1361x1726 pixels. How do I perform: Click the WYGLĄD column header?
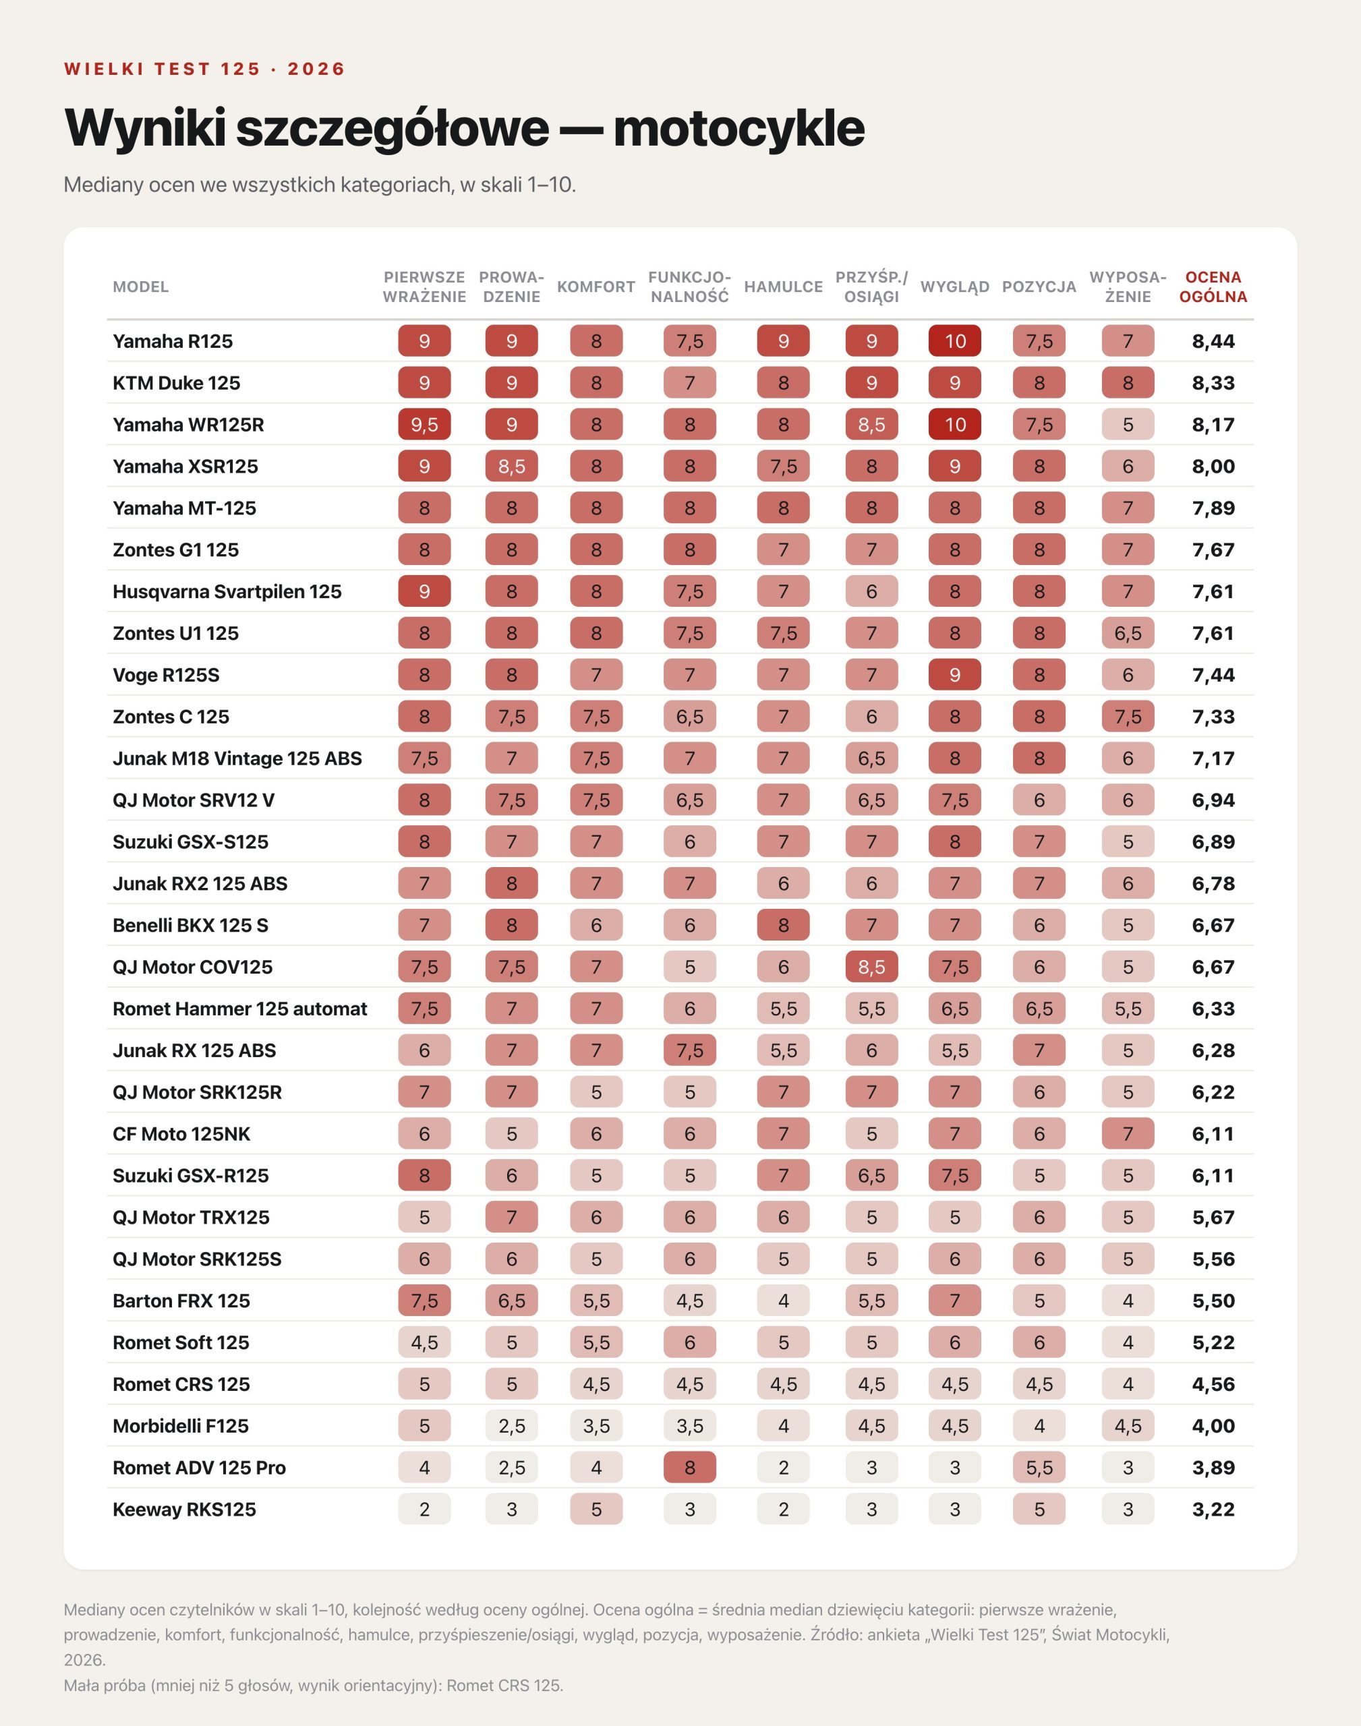click(x=954, y=287)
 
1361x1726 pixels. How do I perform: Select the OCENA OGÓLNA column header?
click(x=1213, y=287)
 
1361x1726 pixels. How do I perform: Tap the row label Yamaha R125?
click(x=173, y=341)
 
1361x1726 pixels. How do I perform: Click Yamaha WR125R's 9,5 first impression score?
click(x=424, y=425)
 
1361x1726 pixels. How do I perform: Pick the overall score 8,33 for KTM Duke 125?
click(x=1213, y=383)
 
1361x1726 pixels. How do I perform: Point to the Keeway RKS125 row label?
click(x=184, y=1510)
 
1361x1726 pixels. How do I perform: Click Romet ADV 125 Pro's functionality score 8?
click(x=690, y=1467)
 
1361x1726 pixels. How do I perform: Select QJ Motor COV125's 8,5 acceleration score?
click(x=872, y=967)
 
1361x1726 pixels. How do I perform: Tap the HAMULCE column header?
click(x=783, y=287)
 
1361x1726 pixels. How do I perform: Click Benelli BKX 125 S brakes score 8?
click(x=783, y=926)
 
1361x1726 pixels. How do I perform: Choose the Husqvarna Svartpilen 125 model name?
click(x=227, y=592)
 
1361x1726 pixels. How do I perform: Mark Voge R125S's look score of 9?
click(x=954, y=675)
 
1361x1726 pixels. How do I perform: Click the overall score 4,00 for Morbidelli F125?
click(x=1213, y=1426)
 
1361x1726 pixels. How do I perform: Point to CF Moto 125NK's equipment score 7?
click(x=1128, y=1133)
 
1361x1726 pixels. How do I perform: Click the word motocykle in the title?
click(x=739, y=128)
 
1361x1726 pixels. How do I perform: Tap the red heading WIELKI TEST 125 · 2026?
click(x=205, y=69)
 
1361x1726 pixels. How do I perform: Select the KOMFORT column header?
click(x=596, y=287)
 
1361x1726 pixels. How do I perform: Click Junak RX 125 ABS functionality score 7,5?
click(x=690, y=1050)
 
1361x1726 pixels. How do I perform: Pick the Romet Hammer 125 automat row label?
click(x=240, y=1009)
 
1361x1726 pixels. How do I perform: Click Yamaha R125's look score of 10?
click(x=954, y=341)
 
